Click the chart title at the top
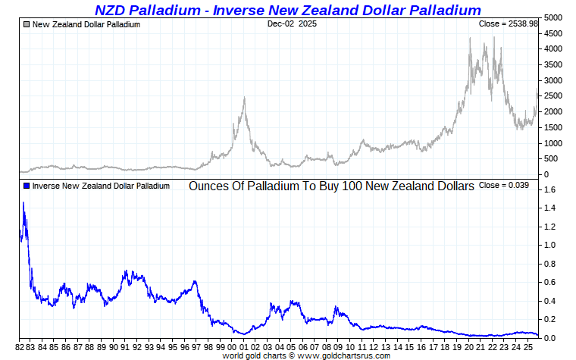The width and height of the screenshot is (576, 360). pyautogui.click(x=288, y=10)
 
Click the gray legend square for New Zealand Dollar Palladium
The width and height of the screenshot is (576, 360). pyautogui.click(x=27, y=24)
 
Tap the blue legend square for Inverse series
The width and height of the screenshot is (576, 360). pyautogui.click(x=27, y=186)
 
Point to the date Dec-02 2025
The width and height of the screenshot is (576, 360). pyautogui.click(x=292, y=23)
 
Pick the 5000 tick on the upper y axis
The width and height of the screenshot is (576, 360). pyautogui.click(x=553, y=17)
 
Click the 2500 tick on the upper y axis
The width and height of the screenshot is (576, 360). pyautogui.click(x=553, y=95)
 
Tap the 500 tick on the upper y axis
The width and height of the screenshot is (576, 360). pyautogui.click(x=553, y=158)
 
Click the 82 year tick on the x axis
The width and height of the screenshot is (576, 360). pyautogui.click(x=20, y=347)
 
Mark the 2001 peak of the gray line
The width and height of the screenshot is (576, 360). pyautogui.click(x=244, y=98)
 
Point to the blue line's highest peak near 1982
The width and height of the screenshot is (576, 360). pyautogui.click(x=23, y=202)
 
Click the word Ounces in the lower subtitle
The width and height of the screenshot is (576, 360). pyautogui.click(x=208, y=186)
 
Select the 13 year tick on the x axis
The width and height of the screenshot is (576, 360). pyautogui.click(x=387, y=347)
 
